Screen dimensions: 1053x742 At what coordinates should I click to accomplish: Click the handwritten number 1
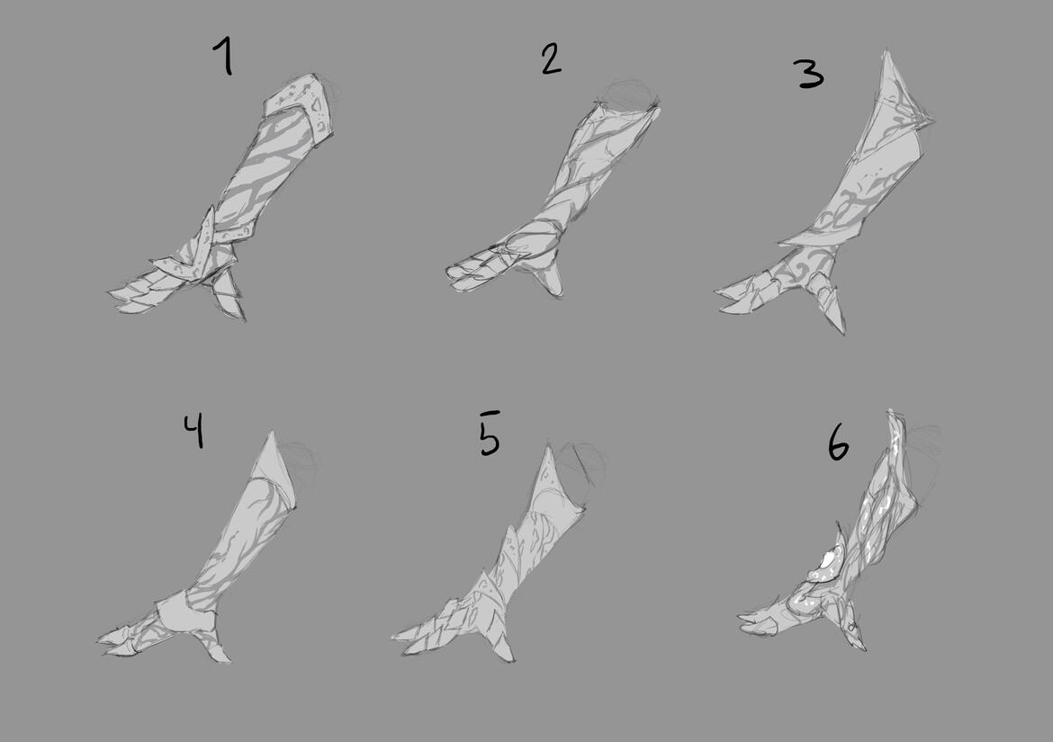pos(224,56)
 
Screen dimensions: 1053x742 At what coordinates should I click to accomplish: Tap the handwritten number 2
pos(551,59)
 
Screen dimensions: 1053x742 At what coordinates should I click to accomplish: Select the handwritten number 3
pos(810,74)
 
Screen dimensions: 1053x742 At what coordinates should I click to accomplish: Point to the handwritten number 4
pos(193,431)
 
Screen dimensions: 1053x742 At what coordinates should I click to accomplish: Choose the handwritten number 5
pos(490,434)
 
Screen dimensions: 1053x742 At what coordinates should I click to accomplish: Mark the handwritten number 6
pos(838,444)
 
